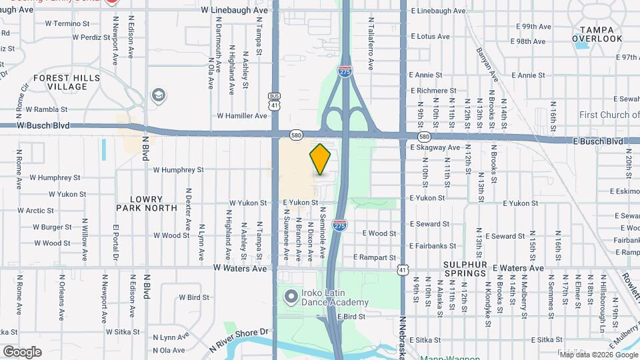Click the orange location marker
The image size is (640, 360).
[320, 159]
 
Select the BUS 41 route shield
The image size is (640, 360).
[274, 101]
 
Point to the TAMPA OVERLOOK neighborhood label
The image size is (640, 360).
[601, 34]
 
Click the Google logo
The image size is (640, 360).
[22, 351]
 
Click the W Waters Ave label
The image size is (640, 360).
[240, 268]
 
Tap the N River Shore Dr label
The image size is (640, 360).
[240, 339]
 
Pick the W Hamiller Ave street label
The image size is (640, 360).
[242, 116]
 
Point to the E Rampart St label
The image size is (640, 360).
[375, 257]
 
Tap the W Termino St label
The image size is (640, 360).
[67, 23]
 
